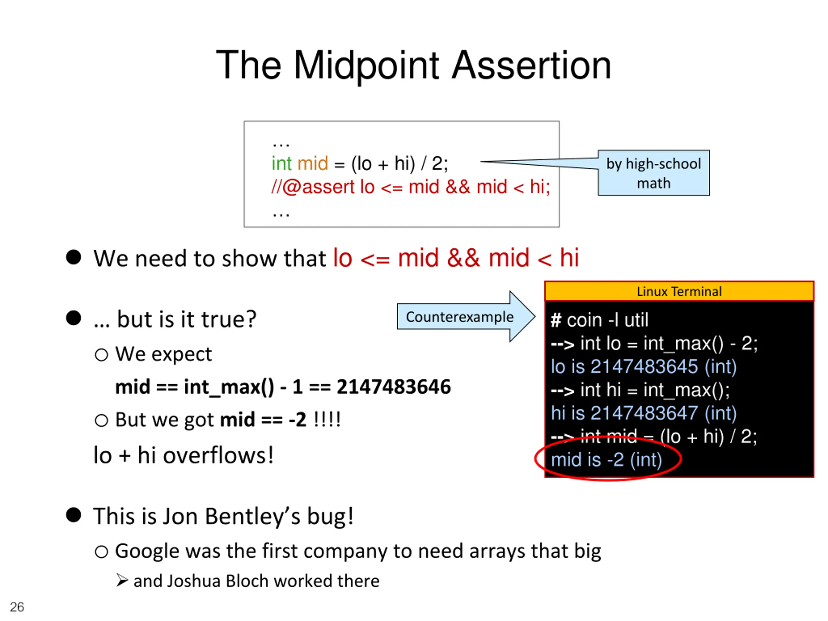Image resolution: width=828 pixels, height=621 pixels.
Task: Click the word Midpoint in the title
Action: click(366, 66)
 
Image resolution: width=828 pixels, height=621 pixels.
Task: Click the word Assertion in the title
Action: click(531, 66)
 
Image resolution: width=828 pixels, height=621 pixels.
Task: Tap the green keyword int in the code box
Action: click(281, 164)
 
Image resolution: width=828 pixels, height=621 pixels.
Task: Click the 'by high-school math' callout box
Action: click(653, 173)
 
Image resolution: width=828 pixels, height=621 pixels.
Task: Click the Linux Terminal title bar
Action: click(679, 291)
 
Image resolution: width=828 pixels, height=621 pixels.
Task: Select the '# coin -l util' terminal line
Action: click(599, 321)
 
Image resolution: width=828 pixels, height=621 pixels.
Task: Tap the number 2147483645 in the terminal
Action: click(644, 366)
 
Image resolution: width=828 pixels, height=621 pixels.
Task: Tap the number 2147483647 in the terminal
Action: click(644, 413)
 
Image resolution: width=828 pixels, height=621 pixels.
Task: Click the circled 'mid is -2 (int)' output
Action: click(606, 460)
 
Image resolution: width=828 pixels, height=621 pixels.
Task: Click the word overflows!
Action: click(218, 455)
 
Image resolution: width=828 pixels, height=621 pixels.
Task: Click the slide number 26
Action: click(17, 607)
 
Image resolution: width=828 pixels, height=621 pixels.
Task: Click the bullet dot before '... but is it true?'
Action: click(73, 318)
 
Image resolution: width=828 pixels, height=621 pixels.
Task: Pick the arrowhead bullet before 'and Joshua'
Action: click(122, 581)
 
